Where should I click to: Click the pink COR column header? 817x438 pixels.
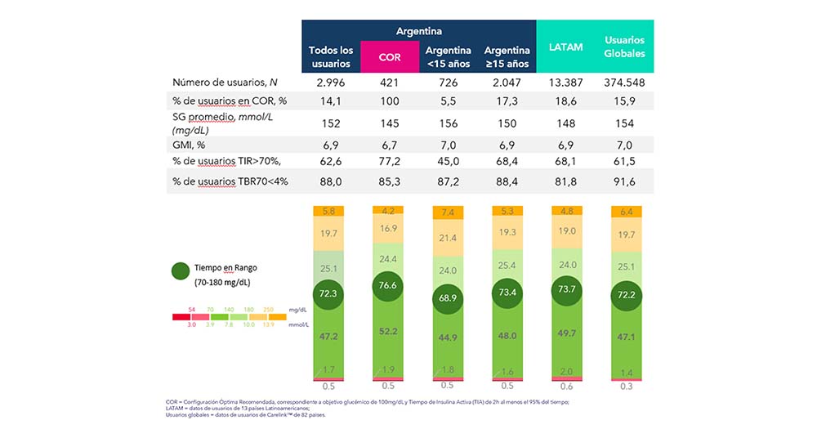coord(389,57)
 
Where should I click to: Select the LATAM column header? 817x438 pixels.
coord(566,47)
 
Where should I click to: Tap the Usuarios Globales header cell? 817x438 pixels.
coord(624,47)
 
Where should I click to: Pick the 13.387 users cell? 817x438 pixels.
coord(566,83)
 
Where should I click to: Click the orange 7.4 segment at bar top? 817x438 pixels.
coord(448,213)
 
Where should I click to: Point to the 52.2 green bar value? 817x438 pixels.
coord(389,331)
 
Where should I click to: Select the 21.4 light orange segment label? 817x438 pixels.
coord(448,238)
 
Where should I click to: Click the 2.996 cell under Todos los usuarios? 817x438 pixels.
coord(330,83)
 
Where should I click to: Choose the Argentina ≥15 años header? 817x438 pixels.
coord(507,57)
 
